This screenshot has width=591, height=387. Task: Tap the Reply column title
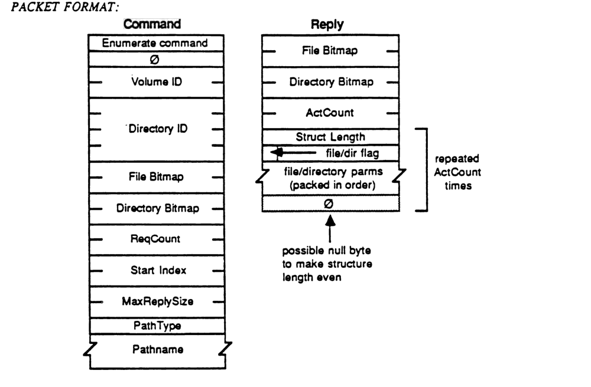[x=327, y=25]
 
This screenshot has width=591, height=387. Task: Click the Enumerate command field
[x=156, y=42]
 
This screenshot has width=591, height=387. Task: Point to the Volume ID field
[x=156, y=82]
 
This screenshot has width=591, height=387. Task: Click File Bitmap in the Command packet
[x=156, y=176]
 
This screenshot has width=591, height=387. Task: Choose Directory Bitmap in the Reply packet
[x=331, y=82]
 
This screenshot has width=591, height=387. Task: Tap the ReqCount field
[x=156, y=240]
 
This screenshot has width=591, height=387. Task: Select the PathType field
[x=156, y=325]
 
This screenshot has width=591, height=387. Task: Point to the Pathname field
[x=156, y=349]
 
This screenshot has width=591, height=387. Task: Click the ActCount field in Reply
[x=331, y=113]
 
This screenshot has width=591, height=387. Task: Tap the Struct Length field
[x=331, y=137]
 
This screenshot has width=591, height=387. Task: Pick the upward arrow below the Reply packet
[x=330, y=223]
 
